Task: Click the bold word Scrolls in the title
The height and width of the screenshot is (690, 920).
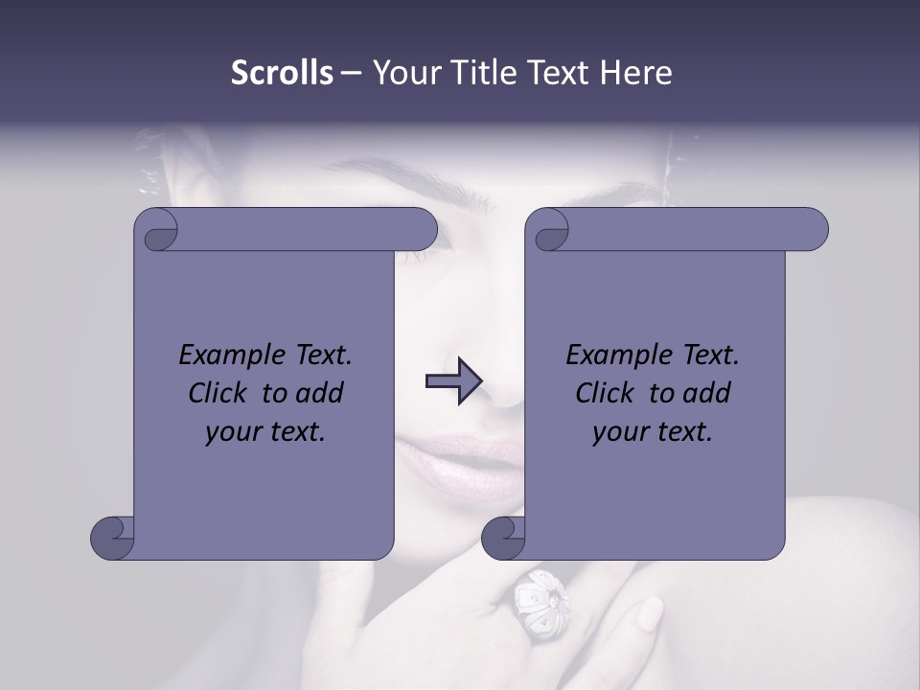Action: pos(282,73)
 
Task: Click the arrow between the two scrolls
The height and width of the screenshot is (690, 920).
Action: pos(453,381)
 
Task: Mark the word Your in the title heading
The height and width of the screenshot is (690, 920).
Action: pos(405,73)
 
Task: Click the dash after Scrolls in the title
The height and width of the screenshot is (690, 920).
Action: pos(350,73)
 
